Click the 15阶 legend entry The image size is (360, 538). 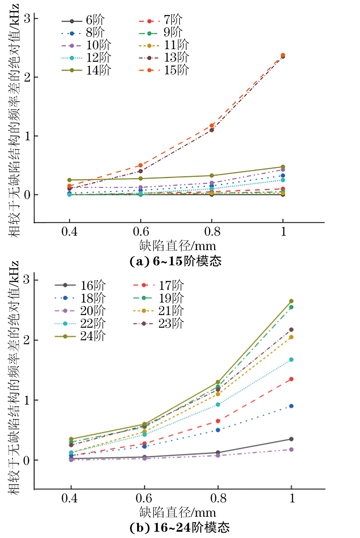click(165, 70)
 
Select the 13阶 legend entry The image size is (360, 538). click(165, 57)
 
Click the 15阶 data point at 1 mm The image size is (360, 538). click(283, 55)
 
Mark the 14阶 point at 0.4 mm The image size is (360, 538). click(69, 180)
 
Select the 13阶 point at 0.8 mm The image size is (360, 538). click(212, 130)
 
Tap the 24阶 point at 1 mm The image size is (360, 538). click(291, 301)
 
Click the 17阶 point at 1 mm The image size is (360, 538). click(291, 379)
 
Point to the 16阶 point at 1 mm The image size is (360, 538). click(291, 439)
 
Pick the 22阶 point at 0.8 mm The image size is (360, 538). click(218, 404)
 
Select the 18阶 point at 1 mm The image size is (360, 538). click(291, 406)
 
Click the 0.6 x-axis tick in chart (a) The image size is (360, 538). click(141, 232)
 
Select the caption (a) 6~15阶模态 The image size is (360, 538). click(175, 261)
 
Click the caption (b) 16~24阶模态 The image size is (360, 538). click(180, 528)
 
